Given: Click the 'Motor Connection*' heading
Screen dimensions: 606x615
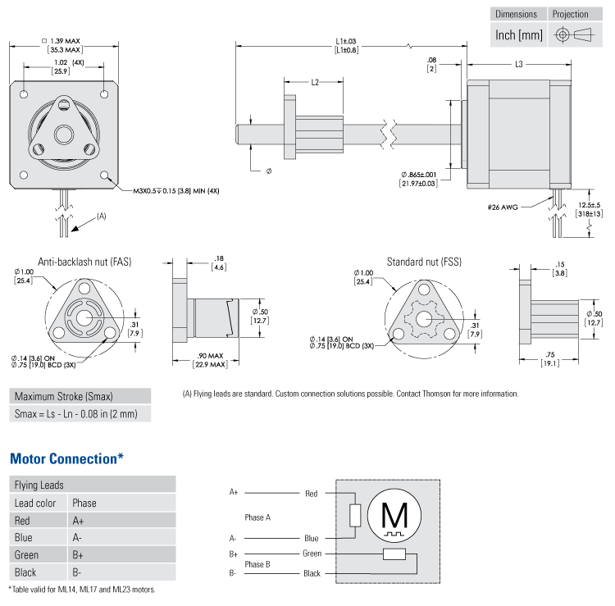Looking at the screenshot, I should tap(66, 458).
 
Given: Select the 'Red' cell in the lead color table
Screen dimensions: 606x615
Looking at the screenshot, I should tap(23, 521).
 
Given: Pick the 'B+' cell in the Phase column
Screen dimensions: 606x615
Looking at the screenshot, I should tap(79, 555).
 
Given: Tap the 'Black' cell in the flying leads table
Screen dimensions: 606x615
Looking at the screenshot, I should tap(25, 572).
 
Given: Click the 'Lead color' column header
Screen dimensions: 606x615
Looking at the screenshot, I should tap(35, 503).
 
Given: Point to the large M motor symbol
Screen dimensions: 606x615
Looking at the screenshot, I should tap(396, 515).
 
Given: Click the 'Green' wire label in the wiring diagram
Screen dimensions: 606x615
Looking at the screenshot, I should tap(312, 554).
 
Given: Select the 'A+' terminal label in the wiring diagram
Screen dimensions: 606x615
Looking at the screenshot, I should tap(234, 493).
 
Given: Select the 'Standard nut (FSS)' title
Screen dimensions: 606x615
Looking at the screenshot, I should tap(424, 262).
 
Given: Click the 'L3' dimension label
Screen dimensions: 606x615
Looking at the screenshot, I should tap(518, 65).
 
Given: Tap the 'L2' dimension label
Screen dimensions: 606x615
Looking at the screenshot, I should tap(314, 82).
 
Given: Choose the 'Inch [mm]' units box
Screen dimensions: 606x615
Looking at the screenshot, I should tap(519, 34).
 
